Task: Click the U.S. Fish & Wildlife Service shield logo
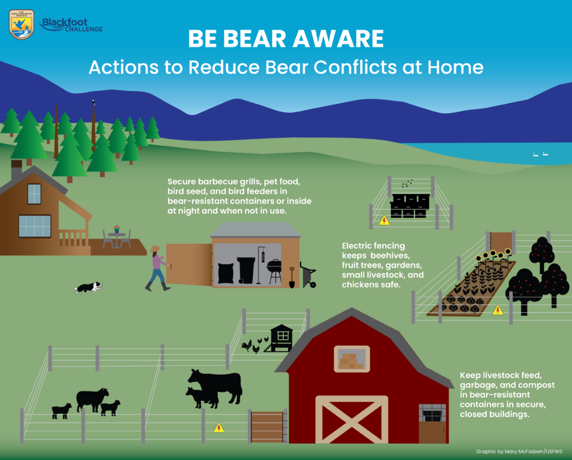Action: tap(22, 25)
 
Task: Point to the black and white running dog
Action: tap(88, 287)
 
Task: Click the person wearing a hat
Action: tap(158, 269)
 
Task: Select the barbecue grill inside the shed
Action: tap(274, 271)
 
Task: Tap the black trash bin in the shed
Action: tap(246, 270)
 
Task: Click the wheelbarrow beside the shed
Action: tap(308, 275)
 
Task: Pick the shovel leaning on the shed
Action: tap(292, 278)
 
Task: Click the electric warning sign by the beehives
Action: tap(384, 221)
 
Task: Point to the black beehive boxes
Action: tap(409, 206)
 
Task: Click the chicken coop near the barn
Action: tap(280, 338)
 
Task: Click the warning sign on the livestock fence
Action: tap(219, 427)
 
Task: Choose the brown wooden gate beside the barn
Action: tap(268, 427)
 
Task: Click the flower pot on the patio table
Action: tap(116, 229)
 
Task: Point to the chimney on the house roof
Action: tap(16, 170)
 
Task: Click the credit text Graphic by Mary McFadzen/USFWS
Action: tap(519, 452)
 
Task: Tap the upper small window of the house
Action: tap(34, 194)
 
